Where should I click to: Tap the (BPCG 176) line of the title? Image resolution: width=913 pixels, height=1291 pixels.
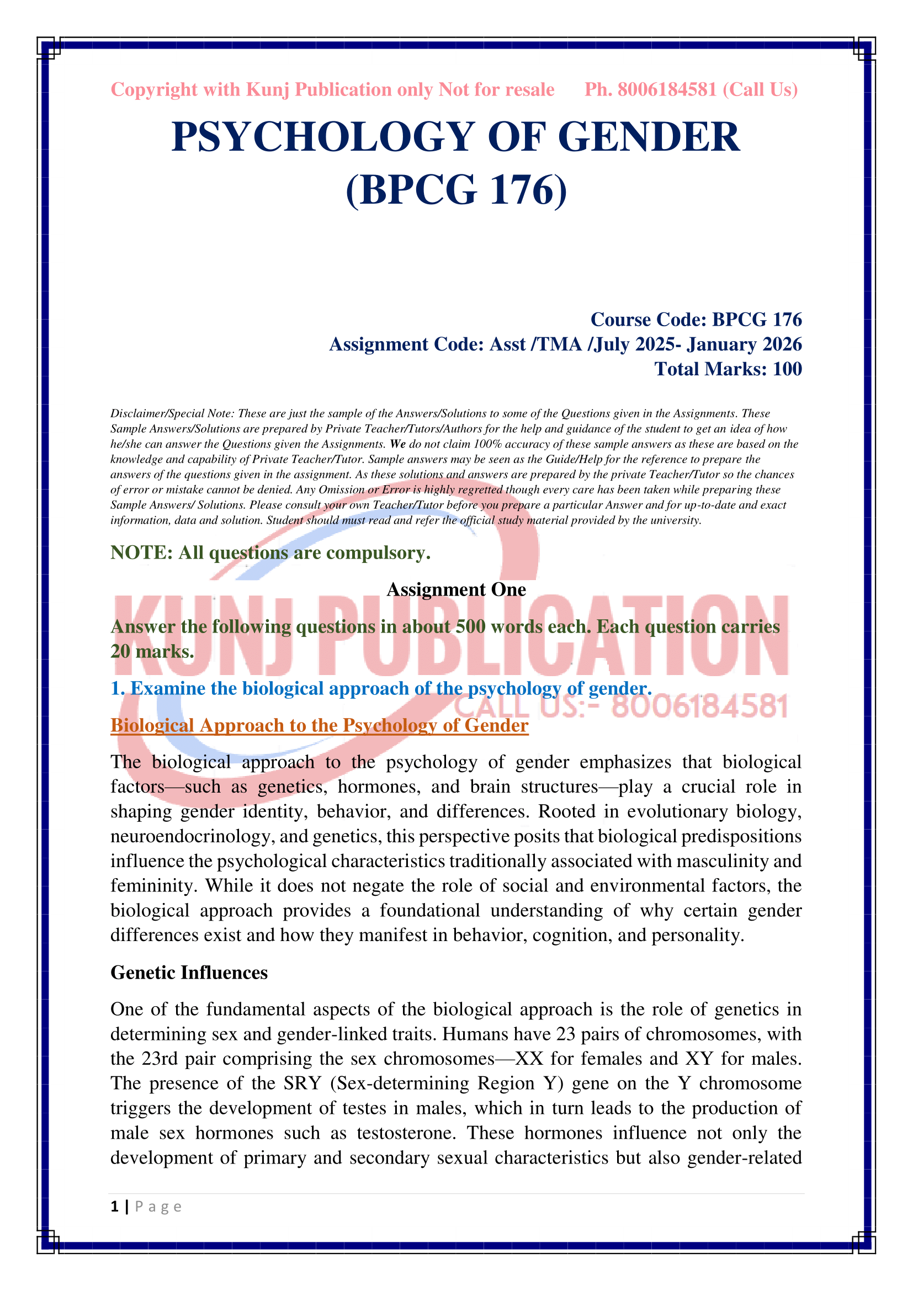pos(456,189)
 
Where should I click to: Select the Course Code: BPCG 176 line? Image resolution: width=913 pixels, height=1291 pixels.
pos(696,320)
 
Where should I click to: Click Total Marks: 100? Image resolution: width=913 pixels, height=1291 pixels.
pos(728,369)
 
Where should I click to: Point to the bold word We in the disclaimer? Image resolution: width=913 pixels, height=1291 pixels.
pos(397,444)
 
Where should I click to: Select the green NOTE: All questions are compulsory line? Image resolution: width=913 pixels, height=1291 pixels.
pos(270,552)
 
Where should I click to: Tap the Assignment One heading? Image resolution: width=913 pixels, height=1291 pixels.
pos(456,589)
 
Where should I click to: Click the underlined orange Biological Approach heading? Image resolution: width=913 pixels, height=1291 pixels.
pos(319,725)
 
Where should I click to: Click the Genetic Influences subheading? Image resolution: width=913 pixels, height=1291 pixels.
pos(189,972)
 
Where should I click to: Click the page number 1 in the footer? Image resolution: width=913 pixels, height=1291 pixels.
pos(115,1207)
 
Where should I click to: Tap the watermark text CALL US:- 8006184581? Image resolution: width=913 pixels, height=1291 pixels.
pos(620,706)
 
